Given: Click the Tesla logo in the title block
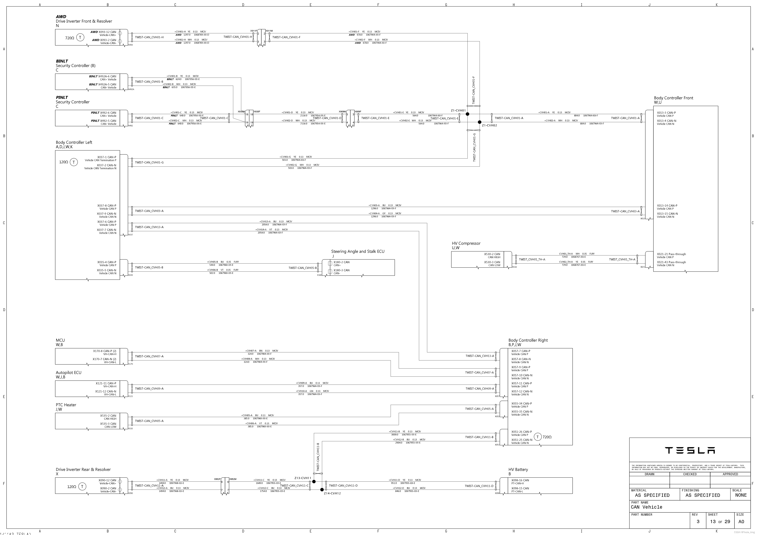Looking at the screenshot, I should [690, 450].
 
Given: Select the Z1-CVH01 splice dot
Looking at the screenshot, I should [467, 114].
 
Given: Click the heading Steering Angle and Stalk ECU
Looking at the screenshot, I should [358, 251].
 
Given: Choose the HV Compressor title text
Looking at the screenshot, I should [466, 243].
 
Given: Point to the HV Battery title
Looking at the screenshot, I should [518, 469].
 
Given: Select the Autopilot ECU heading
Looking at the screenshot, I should [68, 373].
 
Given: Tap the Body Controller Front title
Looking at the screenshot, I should [673, 98].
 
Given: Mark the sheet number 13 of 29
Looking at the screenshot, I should [720, 521].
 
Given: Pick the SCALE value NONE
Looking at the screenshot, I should [741, 495].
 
